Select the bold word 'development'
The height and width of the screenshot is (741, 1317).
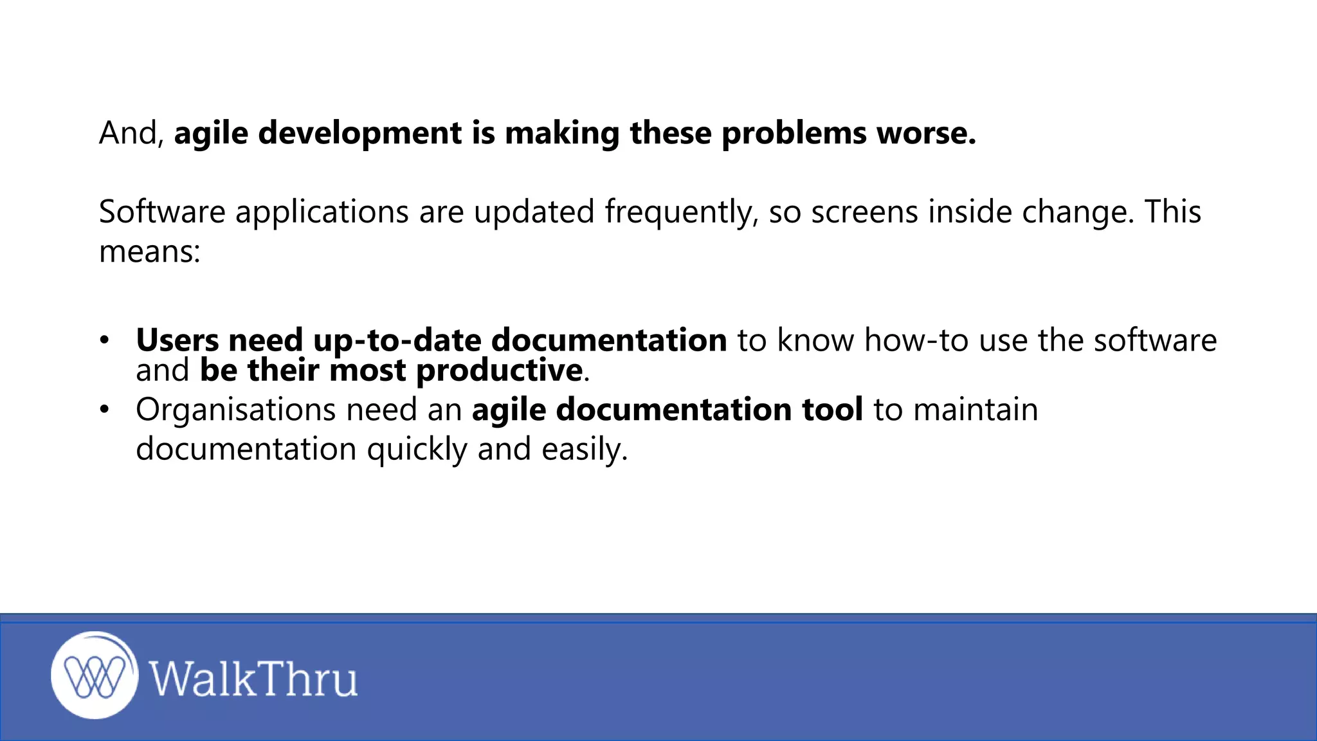[359, 133]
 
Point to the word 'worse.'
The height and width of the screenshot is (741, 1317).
[926, 133]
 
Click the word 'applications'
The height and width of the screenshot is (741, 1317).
[322, 212]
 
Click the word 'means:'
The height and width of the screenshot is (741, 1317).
[150, 251]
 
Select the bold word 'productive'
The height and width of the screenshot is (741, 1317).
[500, 370]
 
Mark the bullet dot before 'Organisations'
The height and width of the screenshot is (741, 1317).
[105, 409]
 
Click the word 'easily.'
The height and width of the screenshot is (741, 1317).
[584, 449]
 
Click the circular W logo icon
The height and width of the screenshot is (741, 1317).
[95, 675]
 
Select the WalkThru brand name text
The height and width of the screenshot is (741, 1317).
[253, 679]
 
